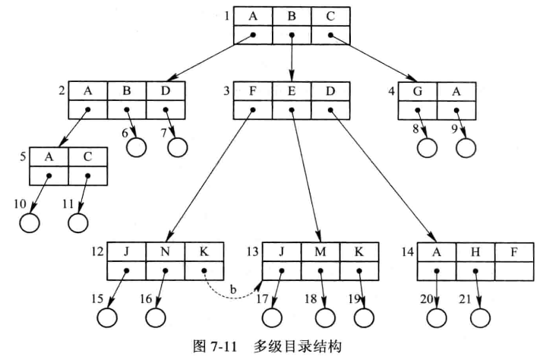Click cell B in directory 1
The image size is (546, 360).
tap(292, 16)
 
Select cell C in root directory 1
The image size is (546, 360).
tap(330, 16)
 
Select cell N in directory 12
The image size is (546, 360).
tap(166, 251)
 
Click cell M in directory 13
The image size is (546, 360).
tap(320, 251)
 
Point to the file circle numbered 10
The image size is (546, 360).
tap(30, 224)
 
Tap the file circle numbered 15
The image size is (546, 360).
tap(107, 317)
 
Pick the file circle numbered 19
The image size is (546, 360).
tap(365, 317)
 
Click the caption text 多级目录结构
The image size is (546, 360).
tap(301, 348)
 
